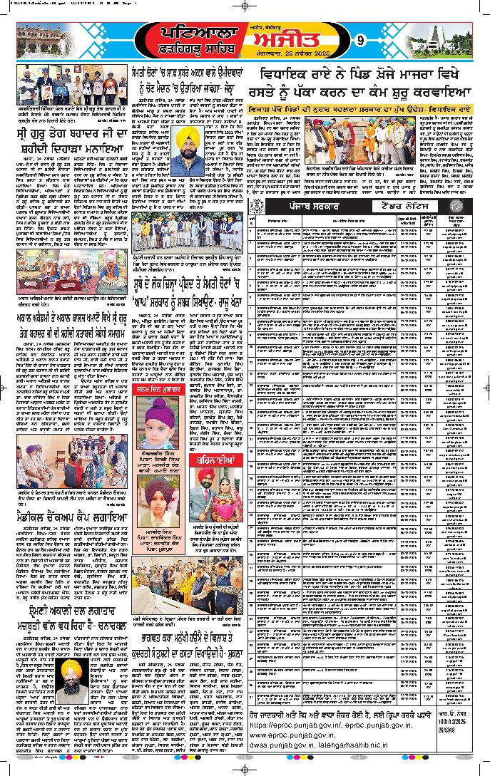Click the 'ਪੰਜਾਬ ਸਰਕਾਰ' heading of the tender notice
tap(310, 206)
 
